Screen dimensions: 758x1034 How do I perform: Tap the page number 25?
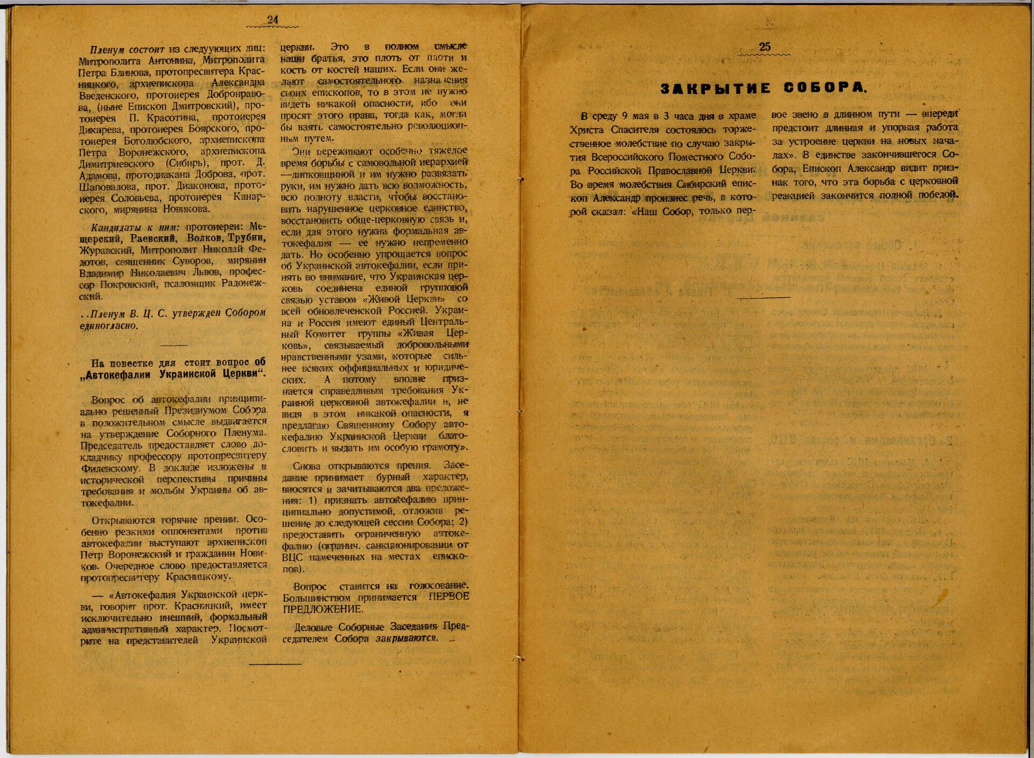[765, 47]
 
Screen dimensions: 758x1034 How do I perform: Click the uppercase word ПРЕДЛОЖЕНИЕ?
[322, 609]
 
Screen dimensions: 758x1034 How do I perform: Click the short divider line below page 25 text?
[764, 297]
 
